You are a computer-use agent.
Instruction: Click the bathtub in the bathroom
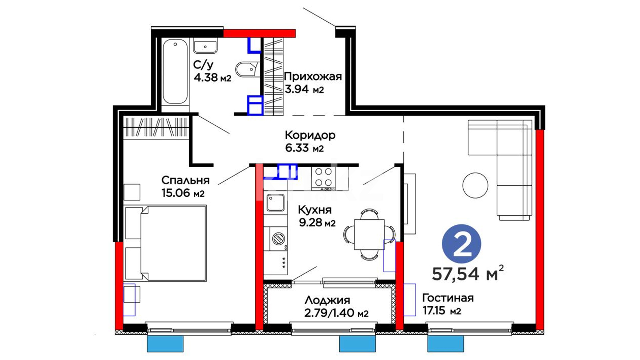point(175,72)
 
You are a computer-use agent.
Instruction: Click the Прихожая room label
point(313,77)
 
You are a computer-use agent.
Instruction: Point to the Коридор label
point(310,135)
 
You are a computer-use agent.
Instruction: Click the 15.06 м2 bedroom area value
point(183,193)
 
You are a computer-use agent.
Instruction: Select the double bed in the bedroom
point(166,243)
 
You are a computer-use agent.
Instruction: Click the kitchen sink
point(275,203)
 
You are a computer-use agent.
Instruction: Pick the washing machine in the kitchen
point(275,239)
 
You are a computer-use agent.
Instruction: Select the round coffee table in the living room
point(475,186)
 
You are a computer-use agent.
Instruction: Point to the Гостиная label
point(448,298)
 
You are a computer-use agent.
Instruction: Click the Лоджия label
point(327,300)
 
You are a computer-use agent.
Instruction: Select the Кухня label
point(315,210)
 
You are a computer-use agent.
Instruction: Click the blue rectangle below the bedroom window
point(165,344)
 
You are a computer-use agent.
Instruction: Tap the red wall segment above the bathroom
point(259,33)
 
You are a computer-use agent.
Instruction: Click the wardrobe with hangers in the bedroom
point(156,127)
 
